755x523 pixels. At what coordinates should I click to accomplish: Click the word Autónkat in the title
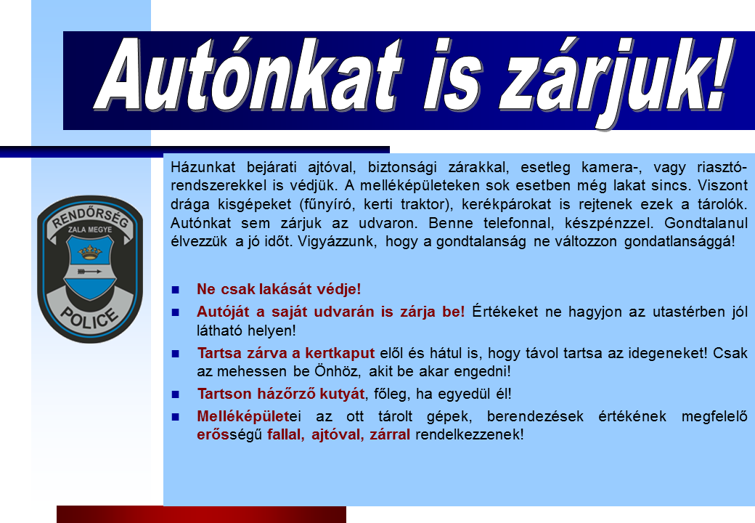[249, 75]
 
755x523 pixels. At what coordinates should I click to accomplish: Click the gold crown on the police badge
[90, 251]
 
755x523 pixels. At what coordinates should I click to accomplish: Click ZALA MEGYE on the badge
[90, 230]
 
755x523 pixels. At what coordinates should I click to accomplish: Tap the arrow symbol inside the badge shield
[89, 272]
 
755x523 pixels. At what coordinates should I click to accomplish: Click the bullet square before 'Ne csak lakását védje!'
[175, 290]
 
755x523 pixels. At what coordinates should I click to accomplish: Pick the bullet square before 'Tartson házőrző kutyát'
[175, 394]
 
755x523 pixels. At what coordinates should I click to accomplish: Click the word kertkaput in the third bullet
[340, 353]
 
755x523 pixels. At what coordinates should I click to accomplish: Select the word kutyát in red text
[343, 394]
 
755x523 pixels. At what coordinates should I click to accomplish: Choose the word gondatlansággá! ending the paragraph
[680, 241]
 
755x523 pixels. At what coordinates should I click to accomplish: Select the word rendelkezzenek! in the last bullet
[470, 434]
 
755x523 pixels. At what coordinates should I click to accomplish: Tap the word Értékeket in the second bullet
[505, 312]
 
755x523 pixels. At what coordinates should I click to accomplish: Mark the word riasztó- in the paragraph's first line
[722, 167]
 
